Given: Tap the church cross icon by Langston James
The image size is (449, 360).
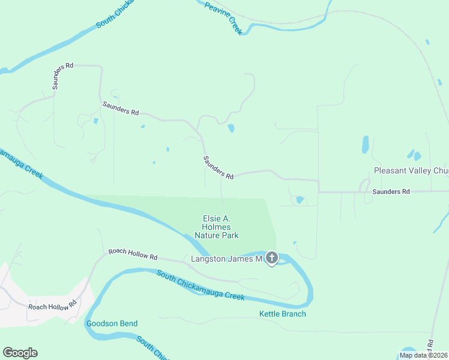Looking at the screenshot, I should click(271, 259).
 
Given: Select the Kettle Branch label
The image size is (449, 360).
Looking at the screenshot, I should click(282, 314).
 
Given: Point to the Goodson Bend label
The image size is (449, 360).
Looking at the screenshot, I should click(112, 323).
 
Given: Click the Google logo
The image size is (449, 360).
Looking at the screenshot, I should click(20, 352).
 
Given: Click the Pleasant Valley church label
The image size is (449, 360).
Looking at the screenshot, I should click(411, 171).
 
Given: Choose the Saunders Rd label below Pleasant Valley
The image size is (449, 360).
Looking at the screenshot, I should click(390, 191).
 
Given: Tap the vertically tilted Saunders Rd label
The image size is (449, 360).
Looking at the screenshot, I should click(62, 75).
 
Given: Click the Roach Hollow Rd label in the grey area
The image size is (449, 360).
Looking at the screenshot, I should click(52, 305).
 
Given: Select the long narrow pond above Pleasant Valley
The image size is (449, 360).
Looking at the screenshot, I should click(365, 145).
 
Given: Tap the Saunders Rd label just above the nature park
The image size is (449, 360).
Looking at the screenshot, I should click(218, 167).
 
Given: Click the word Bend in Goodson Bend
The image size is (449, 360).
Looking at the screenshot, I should click(127, 323).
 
